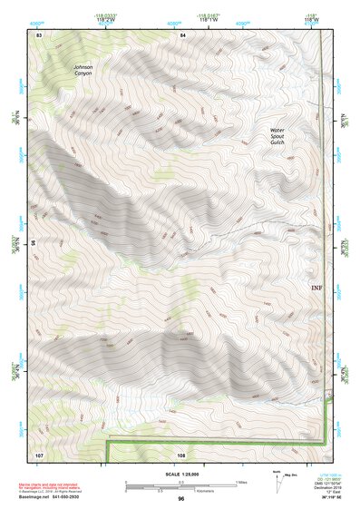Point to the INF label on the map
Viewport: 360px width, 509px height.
pyautogui.click(x=316, y=289)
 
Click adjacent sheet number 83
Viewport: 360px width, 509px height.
pyautogui.click(x=39, y=34)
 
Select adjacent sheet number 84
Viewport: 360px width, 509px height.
pyautogui.click(x=182, y=34)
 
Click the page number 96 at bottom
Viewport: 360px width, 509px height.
pyautogui.click(x=181, y=499)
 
